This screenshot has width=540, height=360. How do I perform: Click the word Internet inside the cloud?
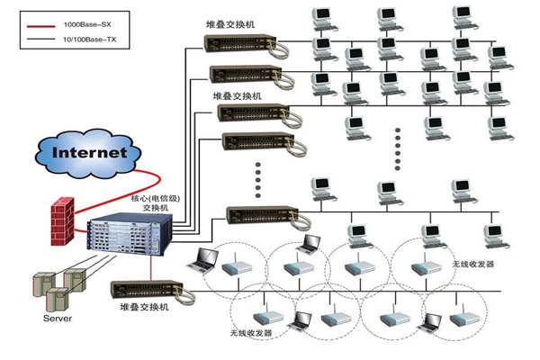tap(89, 152)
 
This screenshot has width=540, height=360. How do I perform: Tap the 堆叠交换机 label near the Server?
tap(148, 308)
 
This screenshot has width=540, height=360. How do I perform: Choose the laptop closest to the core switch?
tap(204, 261)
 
